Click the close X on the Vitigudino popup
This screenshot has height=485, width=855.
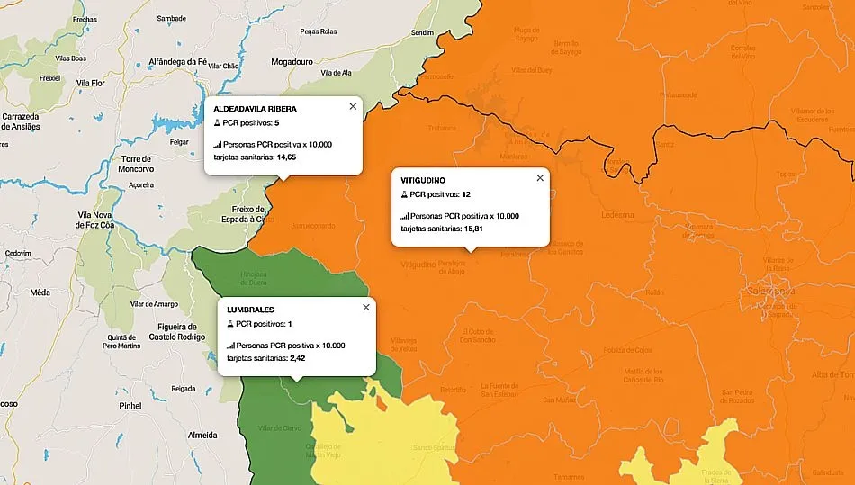click(x=540, y=178)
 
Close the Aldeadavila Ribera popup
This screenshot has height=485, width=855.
click(x=353, y=106)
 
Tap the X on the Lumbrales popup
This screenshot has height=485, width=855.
click(x=365, y=307)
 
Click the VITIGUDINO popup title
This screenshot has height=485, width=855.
click(x=424, y=181)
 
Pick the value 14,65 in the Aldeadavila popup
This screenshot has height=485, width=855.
click(x=287, y=157)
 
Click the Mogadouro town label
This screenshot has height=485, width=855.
click(x=295, y=63)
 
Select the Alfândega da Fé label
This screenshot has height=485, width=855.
click(x=178, y=62)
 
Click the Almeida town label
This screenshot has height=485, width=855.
click(x=202, y=435)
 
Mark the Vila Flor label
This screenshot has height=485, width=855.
click(x=92, y=83)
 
